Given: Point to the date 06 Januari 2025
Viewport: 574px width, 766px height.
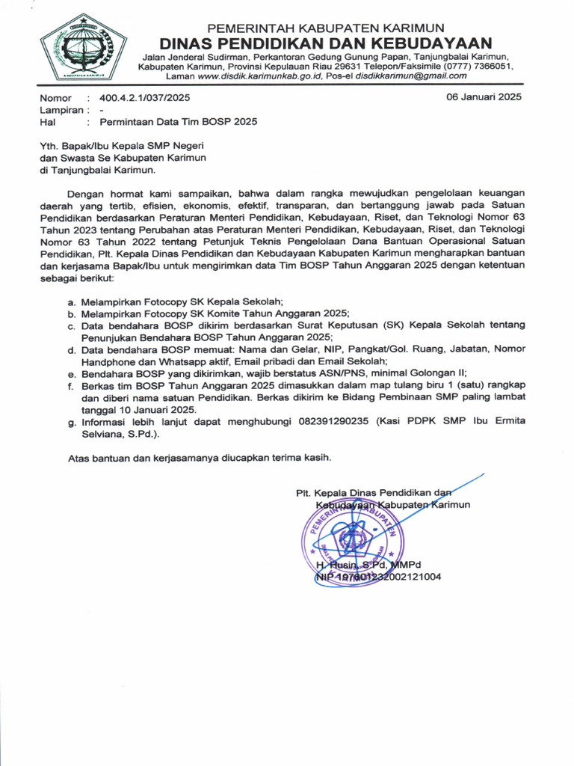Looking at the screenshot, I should tap(484, 97).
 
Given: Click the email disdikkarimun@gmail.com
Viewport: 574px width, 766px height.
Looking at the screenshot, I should tap(411, 76).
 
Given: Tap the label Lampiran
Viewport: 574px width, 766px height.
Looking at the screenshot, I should tap(61, 109).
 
